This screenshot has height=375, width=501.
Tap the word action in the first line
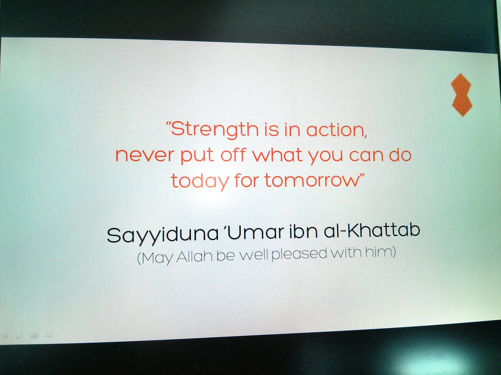pyautogui.click(x=336, y=130)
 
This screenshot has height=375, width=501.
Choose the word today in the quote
pyautogui.click(x=200, y=181)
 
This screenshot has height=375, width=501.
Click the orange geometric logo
pyautogui.click(x=462, y=95)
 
